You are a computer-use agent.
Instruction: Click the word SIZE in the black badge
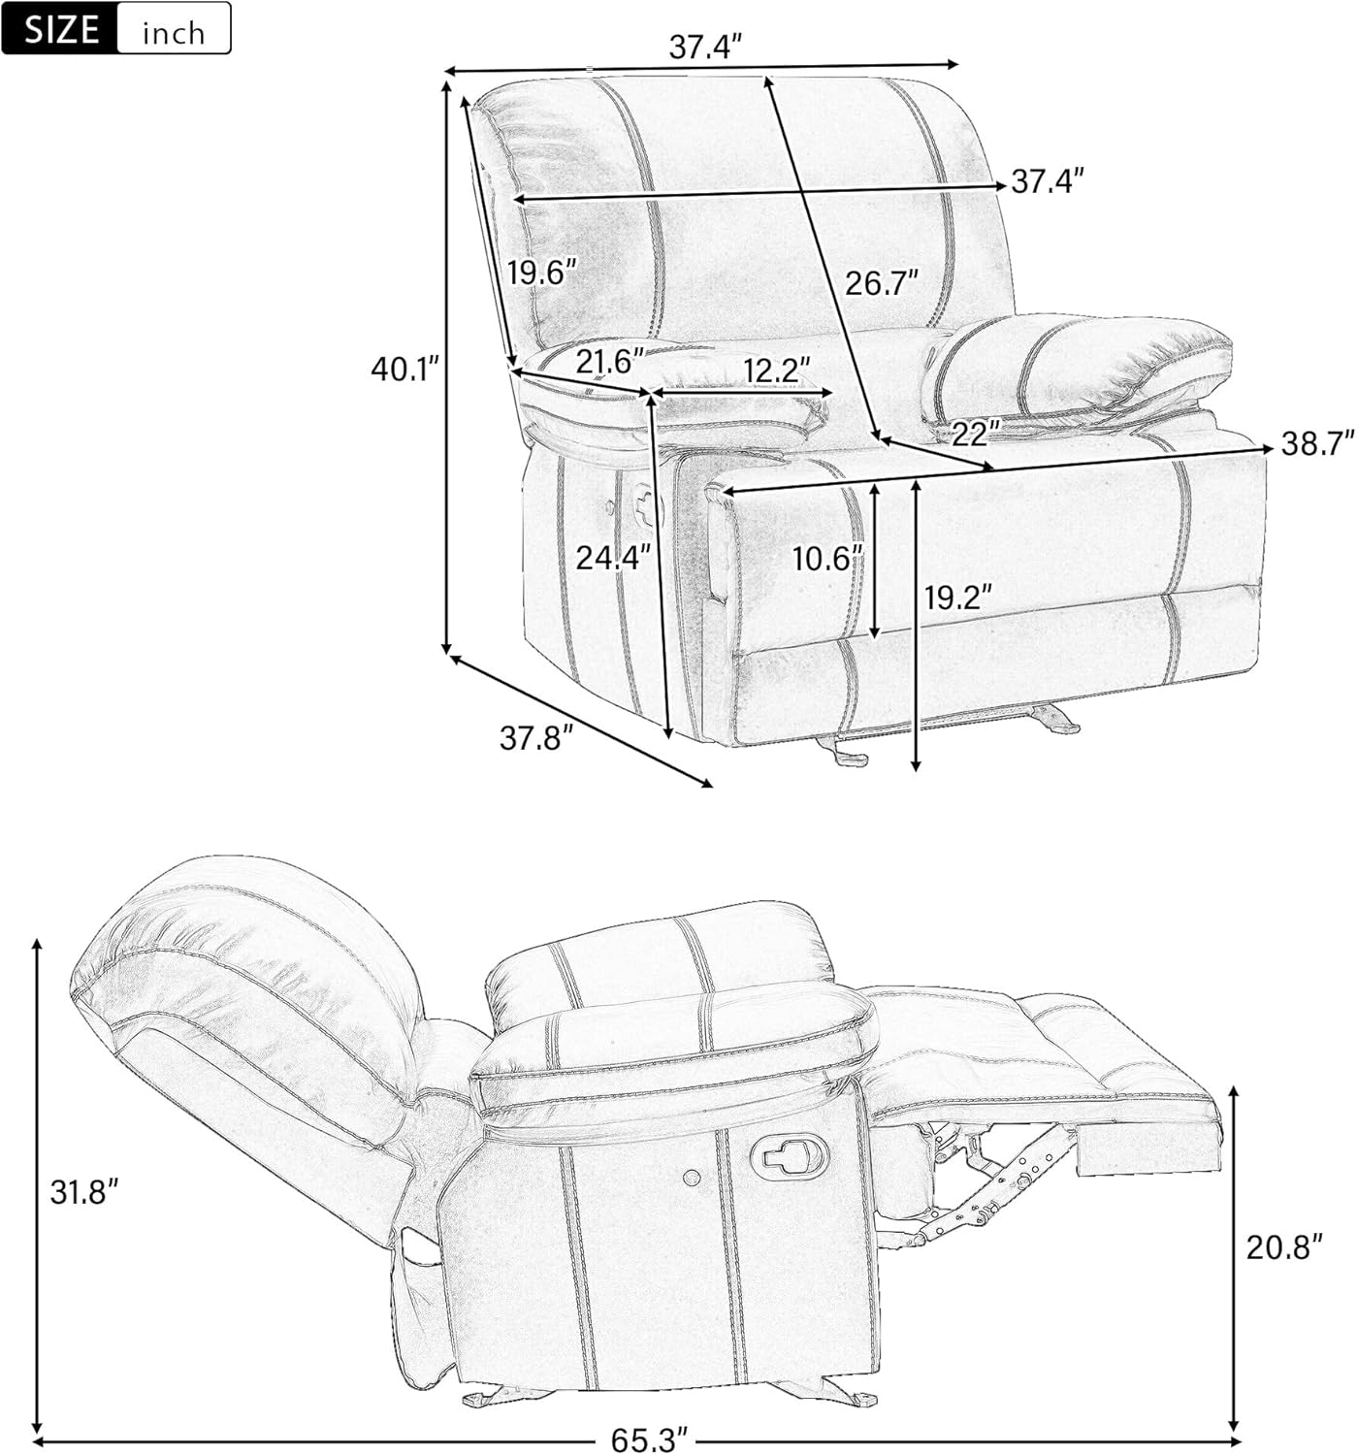tap(61, 28)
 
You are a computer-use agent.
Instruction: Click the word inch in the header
tap(174, 32)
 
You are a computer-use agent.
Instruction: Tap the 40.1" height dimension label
tap(404, 369)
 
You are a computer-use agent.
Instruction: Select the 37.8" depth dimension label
tap(533, 738)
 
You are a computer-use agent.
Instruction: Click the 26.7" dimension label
tap(882, 283)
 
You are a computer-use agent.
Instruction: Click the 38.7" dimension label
tap(1317, 444)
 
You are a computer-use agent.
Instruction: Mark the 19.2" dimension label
tap(957, 598)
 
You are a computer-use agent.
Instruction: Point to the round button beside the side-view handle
tap(691, 1178)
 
